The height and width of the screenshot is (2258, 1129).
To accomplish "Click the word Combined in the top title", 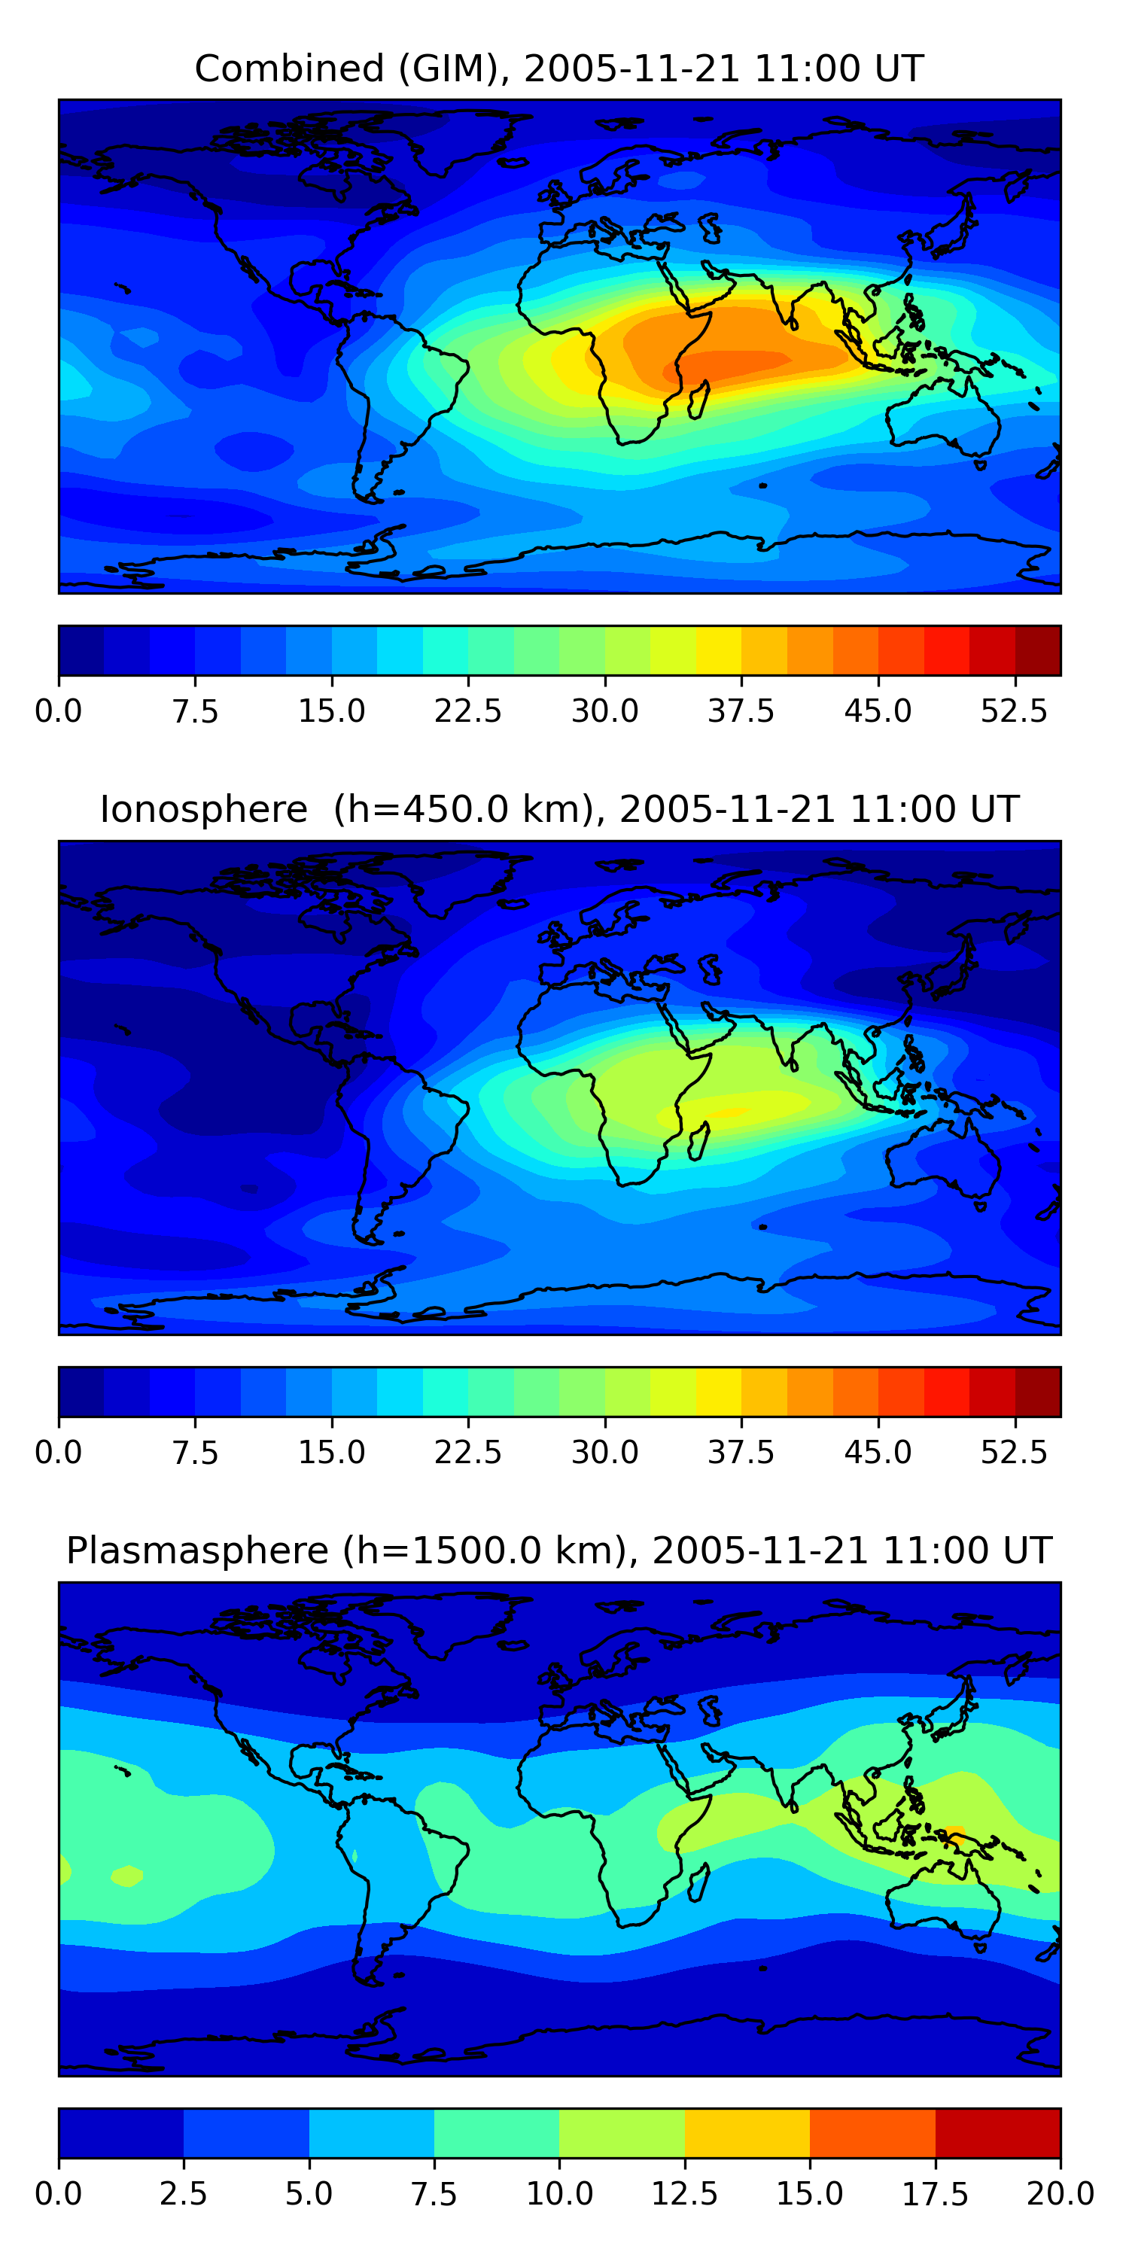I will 289,68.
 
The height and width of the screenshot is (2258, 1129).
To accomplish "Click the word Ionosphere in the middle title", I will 203,809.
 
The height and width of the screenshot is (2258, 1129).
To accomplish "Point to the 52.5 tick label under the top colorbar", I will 1014,711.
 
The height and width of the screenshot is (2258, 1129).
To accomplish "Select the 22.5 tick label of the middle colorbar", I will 468,1452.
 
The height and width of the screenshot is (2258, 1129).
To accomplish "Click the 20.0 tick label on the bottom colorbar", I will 1060,2193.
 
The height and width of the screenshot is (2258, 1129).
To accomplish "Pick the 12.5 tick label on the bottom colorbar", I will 685,2193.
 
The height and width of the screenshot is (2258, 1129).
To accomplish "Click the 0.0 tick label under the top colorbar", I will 59,711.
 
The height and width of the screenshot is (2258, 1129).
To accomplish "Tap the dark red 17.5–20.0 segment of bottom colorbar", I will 997,2132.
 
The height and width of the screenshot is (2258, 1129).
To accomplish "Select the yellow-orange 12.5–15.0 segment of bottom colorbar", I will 747,2132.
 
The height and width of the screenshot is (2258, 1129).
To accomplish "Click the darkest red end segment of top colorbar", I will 1038,650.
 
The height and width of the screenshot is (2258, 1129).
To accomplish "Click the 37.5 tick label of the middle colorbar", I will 741,1452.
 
